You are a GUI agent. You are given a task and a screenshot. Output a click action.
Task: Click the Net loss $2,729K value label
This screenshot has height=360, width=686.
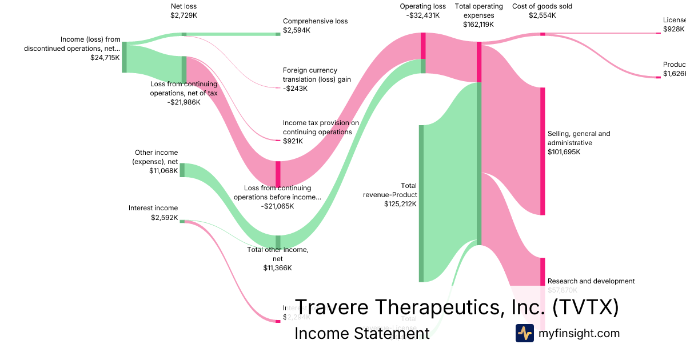pyautogui.click(x=183, y=15)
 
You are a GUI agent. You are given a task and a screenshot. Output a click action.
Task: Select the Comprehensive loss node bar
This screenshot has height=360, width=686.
pyautogui.click(x=278, y=34)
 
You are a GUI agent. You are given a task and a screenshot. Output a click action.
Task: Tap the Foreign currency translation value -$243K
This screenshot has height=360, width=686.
pyautogui.click(x=295, y=89)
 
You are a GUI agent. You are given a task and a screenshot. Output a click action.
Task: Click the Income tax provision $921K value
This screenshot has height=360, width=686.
pyautogui.click(x=293, y=141)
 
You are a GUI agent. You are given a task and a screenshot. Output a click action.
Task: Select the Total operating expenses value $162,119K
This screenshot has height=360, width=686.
pyautogui.click(x=478, y=25)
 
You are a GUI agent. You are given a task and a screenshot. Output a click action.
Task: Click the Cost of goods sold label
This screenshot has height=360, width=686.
pyautogui.click(x=542, y=6)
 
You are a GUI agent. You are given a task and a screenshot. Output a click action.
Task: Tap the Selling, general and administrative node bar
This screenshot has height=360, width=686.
pyautogui.click(x=543, y=151)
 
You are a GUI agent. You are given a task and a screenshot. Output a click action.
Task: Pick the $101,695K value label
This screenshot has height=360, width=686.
pyautogui.click(x=564, y=152)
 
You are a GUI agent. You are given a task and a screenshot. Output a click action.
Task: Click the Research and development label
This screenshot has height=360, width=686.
pyautogui.click(x=591, y=281)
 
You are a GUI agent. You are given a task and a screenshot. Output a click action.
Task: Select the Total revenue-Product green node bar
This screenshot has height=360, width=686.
pyautogui.click(x=421, y=203)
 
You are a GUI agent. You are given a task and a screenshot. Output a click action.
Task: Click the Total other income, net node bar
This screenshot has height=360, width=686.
pyautogui.click(x=278, y=242)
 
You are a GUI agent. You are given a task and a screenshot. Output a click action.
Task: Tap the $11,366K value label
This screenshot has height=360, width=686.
pyautogui.click(x=277, y=268)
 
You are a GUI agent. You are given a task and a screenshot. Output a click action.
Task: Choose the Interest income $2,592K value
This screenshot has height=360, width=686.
pyautogui.click(x=164, y=218)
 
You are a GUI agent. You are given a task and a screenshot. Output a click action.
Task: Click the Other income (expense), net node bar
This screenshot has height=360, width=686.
pyautogui.click(x=182, y=170)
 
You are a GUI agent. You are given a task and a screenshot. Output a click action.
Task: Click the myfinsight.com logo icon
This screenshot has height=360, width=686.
pyautogui.click(x=524, y=333)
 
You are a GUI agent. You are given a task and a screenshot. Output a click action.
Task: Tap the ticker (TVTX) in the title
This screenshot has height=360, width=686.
pyautogui.click(x=586, y=307)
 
